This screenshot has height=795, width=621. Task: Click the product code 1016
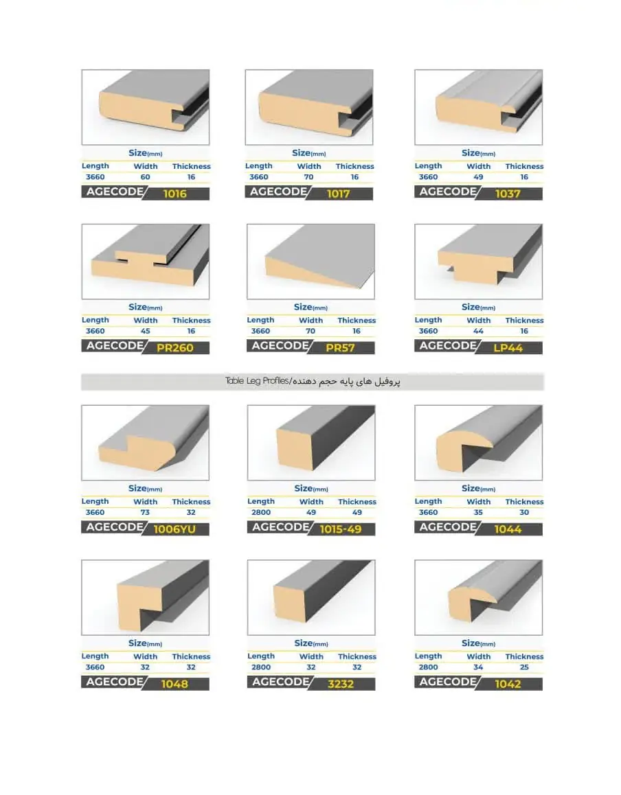point(174,194)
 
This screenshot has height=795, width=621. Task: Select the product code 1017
point(338,194)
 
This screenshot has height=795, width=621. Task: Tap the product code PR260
point(174,348)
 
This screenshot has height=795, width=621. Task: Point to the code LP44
point(508,348)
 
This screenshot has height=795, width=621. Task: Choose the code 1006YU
point(174,529)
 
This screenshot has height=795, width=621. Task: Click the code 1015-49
point(341,529)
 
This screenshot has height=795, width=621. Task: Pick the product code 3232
point(341,684)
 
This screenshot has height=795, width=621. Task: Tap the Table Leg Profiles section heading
point(313,381)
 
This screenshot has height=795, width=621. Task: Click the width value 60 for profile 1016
point(145,177)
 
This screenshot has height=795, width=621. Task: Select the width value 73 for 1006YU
point(145,513)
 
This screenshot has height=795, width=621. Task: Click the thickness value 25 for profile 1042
point(524,667)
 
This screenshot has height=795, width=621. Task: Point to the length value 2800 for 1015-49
point(261,513)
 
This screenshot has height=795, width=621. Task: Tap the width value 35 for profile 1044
point(478,513)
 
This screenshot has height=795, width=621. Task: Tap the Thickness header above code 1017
point(354,166)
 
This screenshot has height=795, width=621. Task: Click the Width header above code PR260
point(146,321)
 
